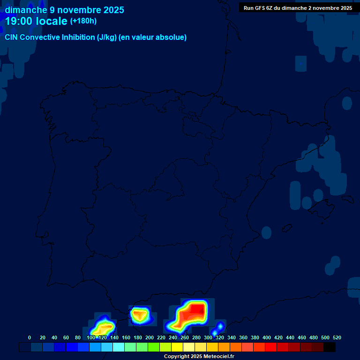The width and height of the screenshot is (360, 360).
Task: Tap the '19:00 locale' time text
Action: [x=36, y=21]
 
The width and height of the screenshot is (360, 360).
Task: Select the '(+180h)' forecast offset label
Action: [x=83, y=21]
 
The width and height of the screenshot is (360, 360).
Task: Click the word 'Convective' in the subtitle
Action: [x=40, y=37]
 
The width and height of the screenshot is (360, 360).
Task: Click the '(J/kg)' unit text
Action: [x=106, y=37]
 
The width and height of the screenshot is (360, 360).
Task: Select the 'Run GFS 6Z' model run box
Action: [x=298, y=8]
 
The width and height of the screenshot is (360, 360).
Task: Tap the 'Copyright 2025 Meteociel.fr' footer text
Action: [x=199, y=357]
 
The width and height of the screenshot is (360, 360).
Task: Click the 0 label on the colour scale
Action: [x=30, y=337]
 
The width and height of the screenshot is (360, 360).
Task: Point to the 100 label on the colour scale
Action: [x=91, y=337]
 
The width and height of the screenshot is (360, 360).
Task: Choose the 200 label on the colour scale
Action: [x=150, y=337]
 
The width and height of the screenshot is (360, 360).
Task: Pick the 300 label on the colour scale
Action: [x=208, y=337]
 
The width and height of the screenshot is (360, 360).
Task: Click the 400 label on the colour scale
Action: [x=267, y=337]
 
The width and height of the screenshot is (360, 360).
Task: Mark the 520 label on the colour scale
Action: [x=337, y=337]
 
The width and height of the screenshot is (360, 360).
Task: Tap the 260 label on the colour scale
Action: [x=185, y=337]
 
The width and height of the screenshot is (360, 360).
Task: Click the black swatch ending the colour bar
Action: [x=330, y=347]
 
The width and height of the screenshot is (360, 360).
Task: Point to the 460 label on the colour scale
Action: [x=302, y=337]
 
